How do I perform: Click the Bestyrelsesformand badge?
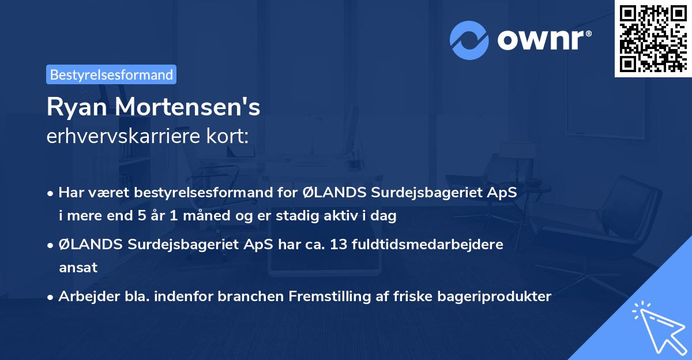111,74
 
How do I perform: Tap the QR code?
653,39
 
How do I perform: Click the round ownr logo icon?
469,40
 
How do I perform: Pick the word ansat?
77,268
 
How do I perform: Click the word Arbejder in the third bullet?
84,297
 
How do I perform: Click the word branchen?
257,297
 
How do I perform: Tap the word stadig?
298,216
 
